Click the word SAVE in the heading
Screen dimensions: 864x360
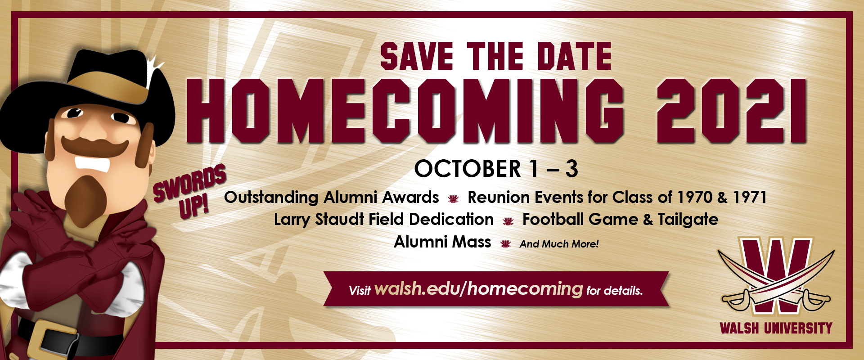(417, 56)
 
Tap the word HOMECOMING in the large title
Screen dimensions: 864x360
(405, 111)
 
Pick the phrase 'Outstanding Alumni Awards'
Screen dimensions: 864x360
(331, 198)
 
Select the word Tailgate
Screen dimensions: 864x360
(688, 220)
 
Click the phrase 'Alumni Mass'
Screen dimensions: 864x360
(442, 242)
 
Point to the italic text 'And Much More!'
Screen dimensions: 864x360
(559, 244)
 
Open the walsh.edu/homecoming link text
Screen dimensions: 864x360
(478, 288)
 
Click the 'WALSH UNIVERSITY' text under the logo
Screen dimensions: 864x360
(776, 328)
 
